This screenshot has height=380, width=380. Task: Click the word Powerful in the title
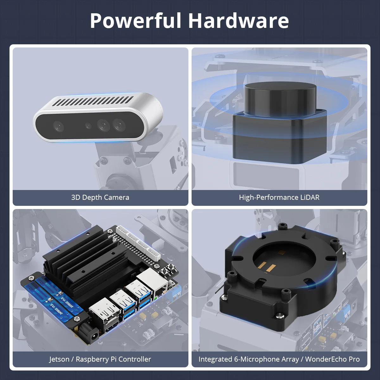(x=136, y=21)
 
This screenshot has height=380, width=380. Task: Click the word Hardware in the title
(x=239, y=21)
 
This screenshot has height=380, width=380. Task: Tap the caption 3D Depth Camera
(x=100, y=197)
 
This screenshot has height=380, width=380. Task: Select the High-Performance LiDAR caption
(x=279, y=197)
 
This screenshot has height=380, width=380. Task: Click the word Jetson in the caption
(x=59, y=359)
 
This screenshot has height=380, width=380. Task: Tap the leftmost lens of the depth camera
(x=58, y=126)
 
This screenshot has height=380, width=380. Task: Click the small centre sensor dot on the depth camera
(x=88, y=126)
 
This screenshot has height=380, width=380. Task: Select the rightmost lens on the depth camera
(x=119, y=125)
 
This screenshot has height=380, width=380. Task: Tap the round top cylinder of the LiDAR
(x=280, y=100)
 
